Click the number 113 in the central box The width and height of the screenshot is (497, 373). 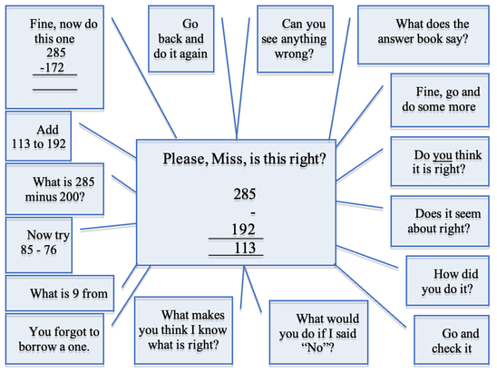245,248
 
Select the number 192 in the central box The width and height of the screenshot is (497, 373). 243,230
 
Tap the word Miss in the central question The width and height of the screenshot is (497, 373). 226,159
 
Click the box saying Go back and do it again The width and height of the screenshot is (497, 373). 181,39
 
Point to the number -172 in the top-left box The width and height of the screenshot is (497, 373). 52,67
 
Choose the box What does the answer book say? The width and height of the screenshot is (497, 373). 424,35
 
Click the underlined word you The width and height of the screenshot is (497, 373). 443,155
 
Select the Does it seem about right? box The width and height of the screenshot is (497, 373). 440,221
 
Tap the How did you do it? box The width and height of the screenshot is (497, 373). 447,281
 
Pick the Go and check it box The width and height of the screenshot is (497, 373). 452,340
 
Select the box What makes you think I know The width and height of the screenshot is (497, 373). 183,330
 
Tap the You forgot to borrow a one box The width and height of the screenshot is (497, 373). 54,339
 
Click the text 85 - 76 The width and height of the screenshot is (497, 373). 39,250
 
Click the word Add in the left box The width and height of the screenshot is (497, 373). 47,130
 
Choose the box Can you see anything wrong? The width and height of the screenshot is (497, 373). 295,39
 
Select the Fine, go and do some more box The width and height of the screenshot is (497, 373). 440,100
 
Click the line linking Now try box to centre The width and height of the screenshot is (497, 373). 108,227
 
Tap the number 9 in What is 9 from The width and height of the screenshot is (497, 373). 75,293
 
